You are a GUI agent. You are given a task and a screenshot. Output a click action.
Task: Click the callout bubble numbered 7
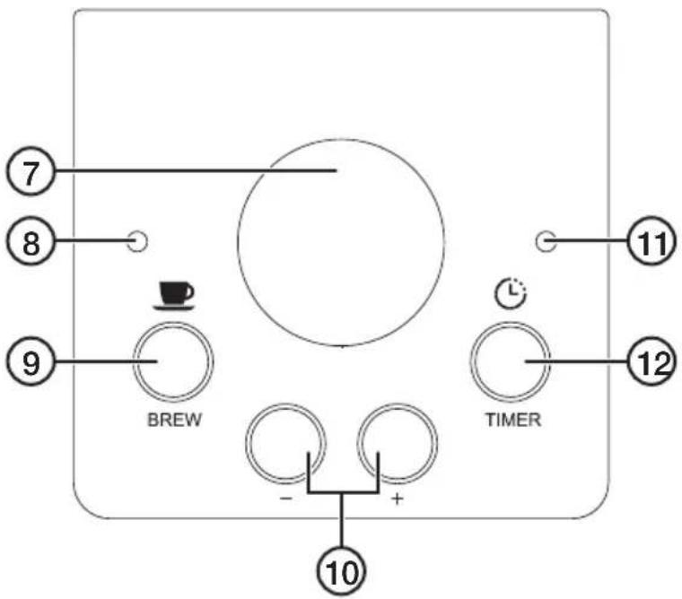pos(30,172)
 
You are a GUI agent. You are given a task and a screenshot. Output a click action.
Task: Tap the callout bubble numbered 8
pos(30,242)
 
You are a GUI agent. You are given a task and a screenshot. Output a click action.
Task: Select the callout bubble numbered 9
pos(30,361)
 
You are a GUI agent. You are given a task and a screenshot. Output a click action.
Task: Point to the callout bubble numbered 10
pos(341,571)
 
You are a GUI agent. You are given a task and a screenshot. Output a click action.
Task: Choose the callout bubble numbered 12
pos(651,360)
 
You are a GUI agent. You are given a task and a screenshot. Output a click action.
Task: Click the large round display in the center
pos(341,242)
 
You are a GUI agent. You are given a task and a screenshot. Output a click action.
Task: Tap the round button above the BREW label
pos(173,361)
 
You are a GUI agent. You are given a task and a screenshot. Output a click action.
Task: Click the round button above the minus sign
pos(285,443)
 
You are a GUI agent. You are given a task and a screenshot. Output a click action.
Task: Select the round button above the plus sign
pos(398,443)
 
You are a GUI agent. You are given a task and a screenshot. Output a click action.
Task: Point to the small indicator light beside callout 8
pos(138,241)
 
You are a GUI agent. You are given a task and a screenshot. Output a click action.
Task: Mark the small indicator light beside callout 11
pos(546,241)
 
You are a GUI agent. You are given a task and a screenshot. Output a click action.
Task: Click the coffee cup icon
pos(173,296)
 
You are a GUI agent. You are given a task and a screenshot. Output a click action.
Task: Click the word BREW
pos(175,420)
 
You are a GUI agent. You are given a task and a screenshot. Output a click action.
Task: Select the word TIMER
pos(513,420)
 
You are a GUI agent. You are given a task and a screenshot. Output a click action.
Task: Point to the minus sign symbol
pos(285,499)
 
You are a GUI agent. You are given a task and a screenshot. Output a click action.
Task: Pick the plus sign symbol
pos(397,499)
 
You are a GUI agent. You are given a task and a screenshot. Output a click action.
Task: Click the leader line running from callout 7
pos(196,171)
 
